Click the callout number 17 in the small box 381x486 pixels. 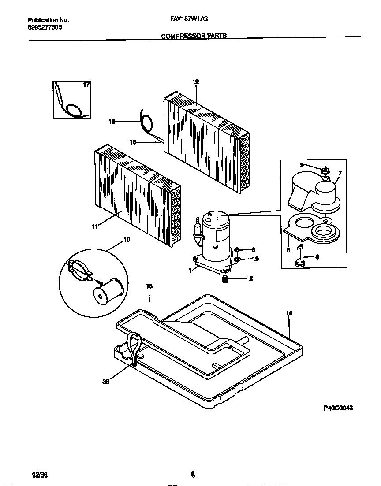(86, 84)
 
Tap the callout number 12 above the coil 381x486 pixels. (196, 82)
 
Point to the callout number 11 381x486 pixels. (94, 226)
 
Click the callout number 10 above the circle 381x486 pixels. (127, 240)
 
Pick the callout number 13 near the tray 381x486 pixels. (149, 286)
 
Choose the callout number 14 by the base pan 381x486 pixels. (289, 313)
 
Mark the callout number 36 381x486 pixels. (105, 382)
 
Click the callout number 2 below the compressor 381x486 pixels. (251, 278)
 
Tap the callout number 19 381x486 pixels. (255, 259)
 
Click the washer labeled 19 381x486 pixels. (237, 259)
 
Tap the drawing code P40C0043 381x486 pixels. (338, 408)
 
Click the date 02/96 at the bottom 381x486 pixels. (39, 475)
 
